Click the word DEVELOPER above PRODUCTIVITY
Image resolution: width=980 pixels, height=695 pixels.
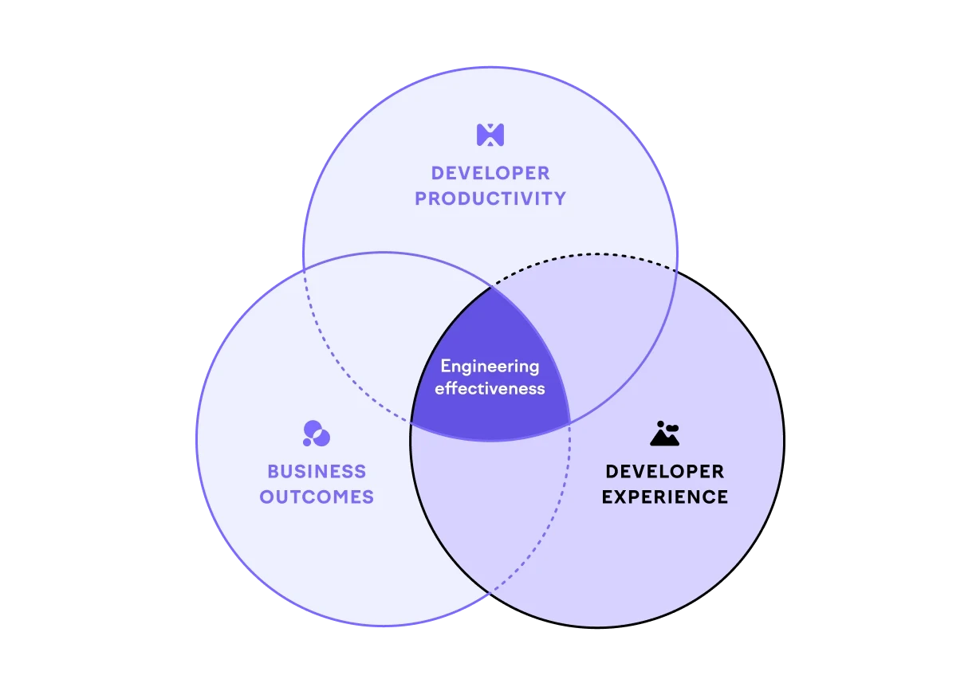[x=490, y=173]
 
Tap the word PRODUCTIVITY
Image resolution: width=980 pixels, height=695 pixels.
[x=490, y=198]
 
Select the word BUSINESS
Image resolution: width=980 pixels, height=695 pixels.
[x=317, y=471]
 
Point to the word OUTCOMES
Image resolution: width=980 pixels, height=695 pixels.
[x=317, y=497]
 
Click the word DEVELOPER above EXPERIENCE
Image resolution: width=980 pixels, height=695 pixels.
[x=664, y=471]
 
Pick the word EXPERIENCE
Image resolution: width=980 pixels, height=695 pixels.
[x=664, y=497]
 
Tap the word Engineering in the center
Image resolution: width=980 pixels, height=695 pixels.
[x=490, y=367]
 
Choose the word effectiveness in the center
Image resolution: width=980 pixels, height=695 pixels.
[x=490, y=389]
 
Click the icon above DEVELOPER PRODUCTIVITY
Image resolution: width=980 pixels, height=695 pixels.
[x=490, y=134]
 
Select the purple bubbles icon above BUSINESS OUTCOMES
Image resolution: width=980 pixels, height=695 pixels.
[x=317, y=434]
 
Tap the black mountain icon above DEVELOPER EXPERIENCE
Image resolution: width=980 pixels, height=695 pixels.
[x=664, y=433]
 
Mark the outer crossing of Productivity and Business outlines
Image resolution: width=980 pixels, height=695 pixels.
[x=303, y=269]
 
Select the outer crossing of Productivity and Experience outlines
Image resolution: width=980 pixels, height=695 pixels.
[x=677, y=271]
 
